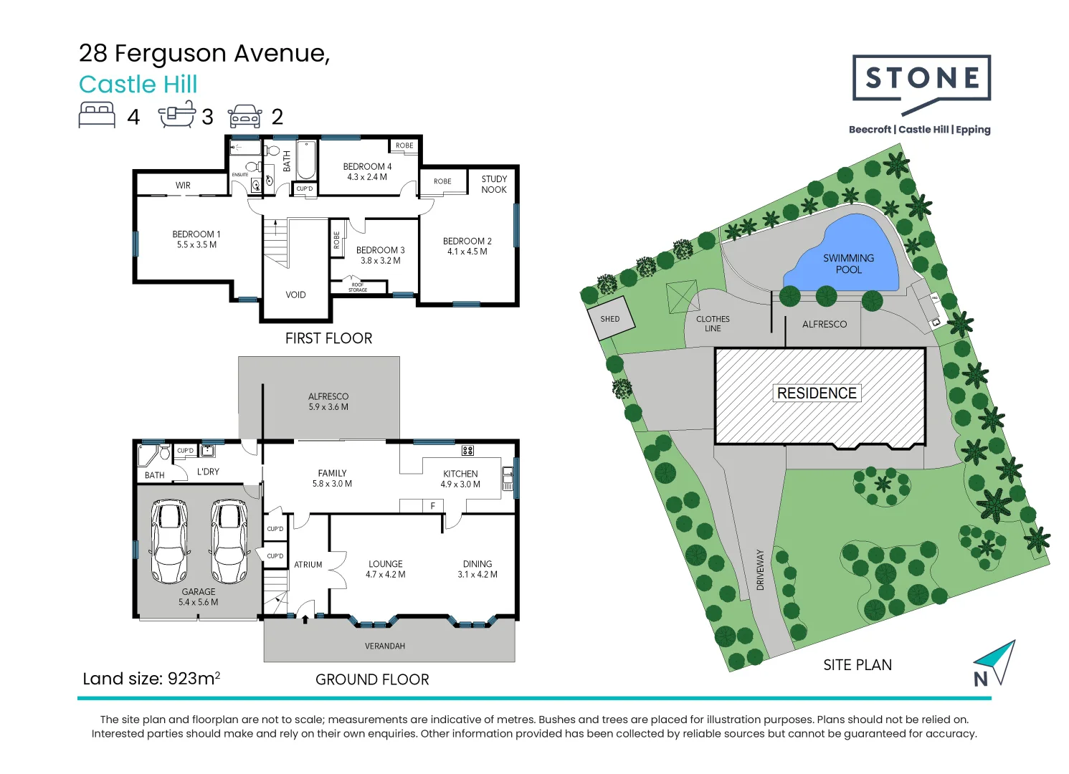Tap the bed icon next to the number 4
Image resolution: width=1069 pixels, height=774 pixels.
click(x=97, y=115)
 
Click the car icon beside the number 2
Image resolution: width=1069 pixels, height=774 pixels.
click(x=244, y=116)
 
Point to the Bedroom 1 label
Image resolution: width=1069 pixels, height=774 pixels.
click(x=196, y=239)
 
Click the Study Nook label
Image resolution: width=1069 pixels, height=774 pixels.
click(x=494, y=184)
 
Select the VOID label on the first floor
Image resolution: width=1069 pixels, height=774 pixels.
click(x=295, y=295)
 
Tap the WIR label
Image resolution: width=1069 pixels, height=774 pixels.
click(x=183, y=186)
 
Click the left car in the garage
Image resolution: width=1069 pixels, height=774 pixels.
click(x=169, y=541)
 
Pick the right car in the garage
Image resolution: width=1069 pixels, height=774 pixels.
click(x=229, y=541)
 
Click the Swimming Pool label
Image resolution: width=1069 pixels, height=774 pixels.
click(x=848, y=264)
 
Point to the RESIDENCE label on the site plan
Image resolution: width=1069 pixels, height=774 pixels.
click(x=817, y=393)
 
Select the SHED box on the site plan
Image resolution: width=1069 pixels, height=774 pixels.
click(x=610, y=320)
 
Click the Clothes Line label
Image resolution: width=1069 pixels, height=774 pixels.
click(x=713, y=324)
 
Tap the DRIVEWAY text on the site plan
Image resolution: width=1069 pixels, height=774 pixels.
click(x=761, y=570)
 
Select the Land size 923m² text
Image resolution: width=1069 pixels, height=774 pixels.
click(x=151, y=679)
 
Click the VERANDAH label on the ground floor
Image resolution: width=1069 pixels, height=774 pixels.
click(x=385, y=646)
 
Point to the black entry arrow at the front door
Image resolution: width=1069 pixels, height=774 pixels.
click(x=305, y=618)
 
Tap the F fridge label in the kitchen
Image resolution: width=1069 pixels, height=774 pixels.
click(x=433, y=506)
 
